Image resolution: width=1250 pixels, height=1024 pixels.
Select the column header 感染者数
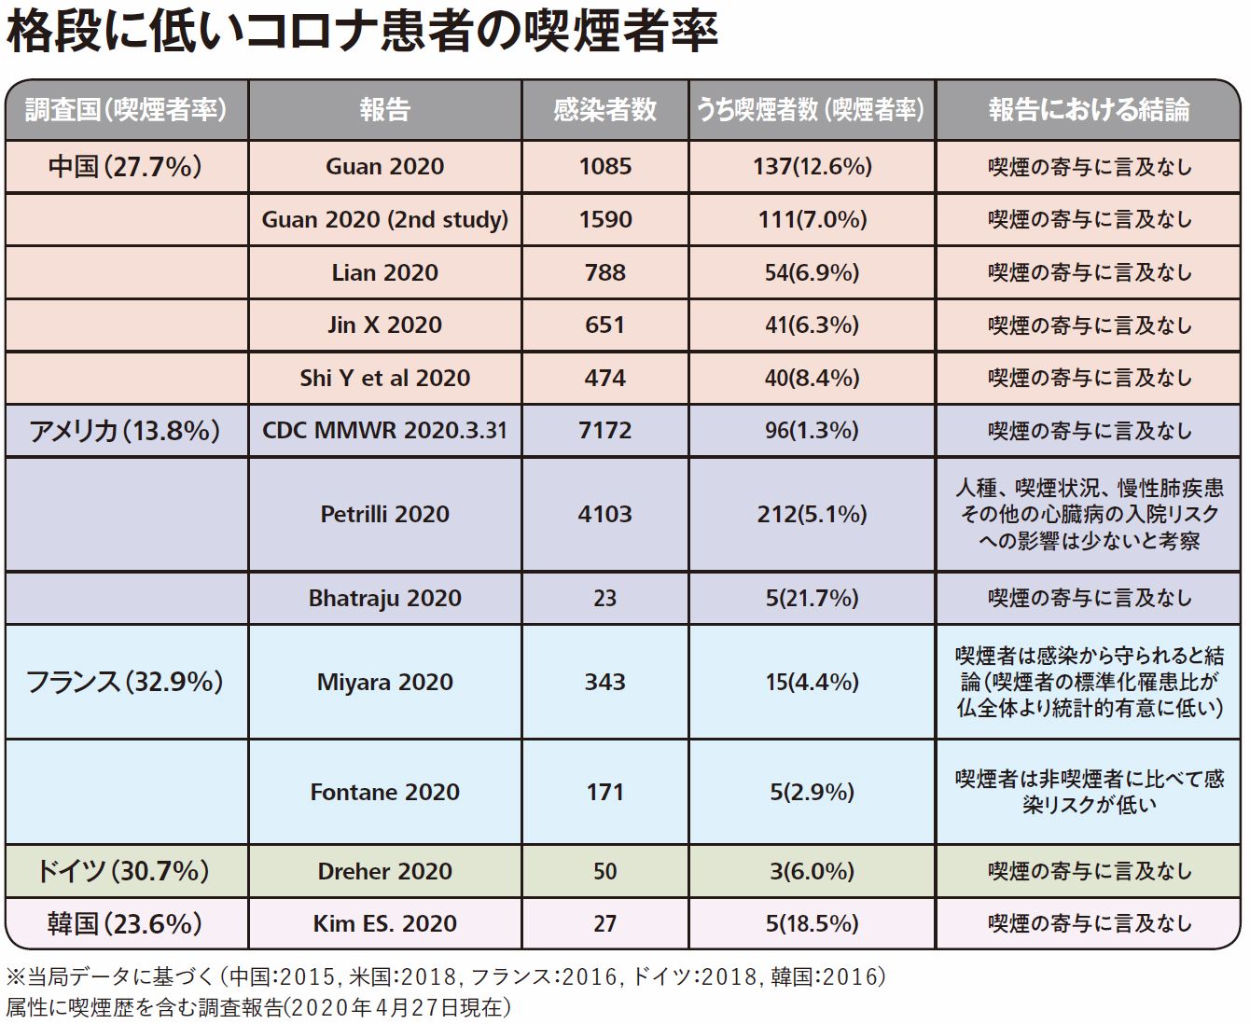pos(604,110)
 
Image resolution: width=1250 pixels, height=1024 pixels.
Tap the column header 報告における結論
pos(1089,110)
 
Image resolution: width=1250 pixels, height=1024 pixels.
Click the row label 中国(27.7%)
pos(126,167)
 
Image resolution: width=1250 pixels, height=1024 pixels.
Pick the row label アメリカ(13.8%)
pos(125,431)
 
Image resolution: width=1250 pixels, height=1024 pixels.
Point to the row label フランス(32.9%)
pos(125,682)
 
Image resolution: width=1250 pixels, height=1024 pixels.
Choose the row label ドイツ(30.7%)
pos(125,871)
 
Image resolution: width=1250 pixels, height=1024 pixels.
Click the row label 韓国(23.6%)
pos(125,923)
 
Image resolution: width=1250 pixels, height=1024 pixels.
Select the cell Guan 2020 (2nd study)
pos(385,219)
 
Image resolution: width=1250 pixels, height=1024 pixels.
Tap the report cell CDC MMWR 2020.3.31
pos(385,431)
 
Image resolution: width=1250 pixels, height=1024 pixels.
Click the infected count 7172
pos(604,431)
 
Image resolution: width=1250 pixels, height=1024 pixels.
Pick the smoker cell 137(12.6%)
pos(812,167)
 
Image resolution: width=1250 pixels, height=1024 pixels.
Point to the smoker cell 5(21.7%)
pos(812,598)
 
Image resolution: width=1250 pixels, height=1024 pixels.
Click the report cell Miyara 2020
pos(385,682)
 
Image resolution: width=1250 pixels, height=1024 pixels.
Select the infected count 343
pos(604,682)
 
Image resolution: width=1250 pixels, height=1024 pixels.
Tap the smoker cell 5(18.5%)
pos(812,923)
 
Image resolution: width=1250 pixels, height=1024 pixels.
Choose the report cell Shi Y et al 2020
pos(385,378)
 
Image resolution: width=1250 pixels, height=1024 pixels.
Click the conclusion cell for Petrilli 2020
pos(1089,514)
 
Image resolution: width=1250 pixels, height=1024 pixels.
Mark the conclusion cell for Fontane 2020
pos(1089,792)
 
